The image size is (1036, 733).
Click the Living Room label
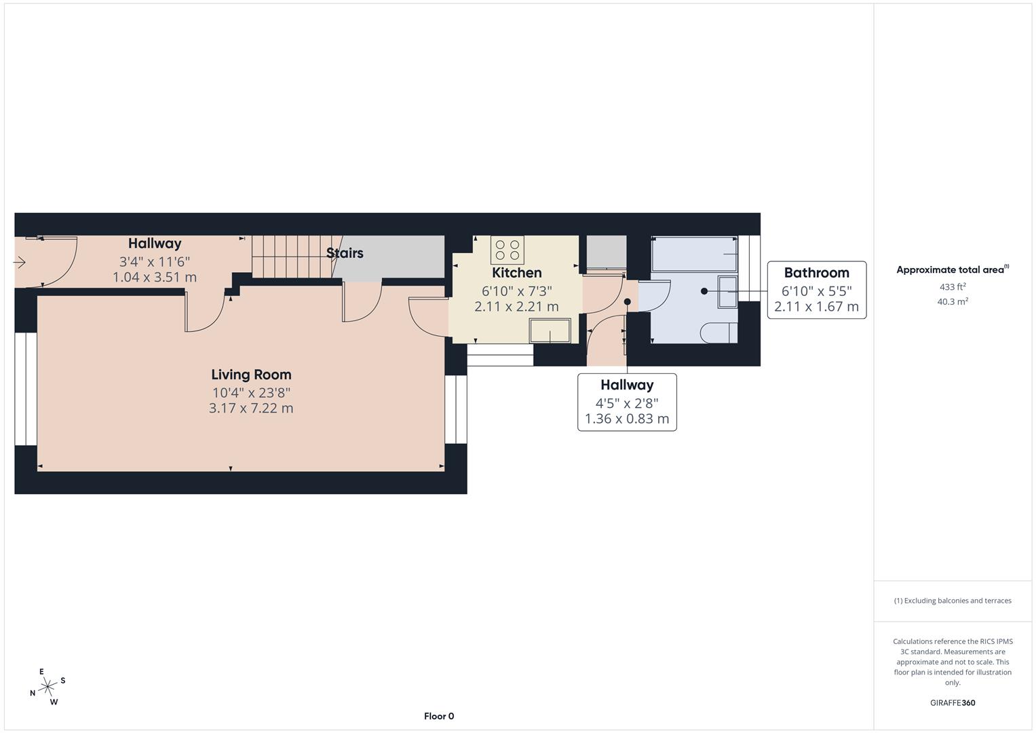tap(251, 375)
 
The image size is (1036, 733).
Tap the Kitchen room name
tap(516, 273)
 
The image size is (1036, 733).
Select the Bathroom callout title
tap(816, 273)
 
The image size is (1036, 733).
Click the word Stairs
tap(345, 253)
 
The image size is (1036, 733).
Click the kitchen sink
tap(550, 331)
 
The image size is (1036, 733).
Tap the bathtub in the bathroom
tap(693, 254)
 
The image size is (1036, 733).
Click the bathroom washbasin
tap(727, 292)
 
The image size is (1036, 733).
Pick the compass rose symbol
tap(47, 687)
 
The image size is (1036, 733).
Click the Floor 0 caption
tap(439, 716)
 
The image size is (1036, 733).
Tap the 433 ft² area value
tap(953, 287)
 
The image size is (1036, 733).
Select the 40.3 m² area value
tap(953, 302)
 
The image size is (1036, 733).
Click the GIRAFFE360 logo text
tap(953, 703)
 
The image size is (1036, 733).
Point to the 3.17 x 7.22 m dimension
tap(251, 409)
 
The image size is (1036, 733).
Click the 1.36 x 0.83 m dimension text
tap(627, 419)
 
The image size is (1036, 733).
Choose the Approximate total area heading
tap(953, 270)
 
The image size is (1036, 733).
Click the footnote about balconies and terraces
tap(953, 601)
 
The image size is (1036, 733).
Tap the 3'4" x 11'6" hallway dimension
tap(155, 261)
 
